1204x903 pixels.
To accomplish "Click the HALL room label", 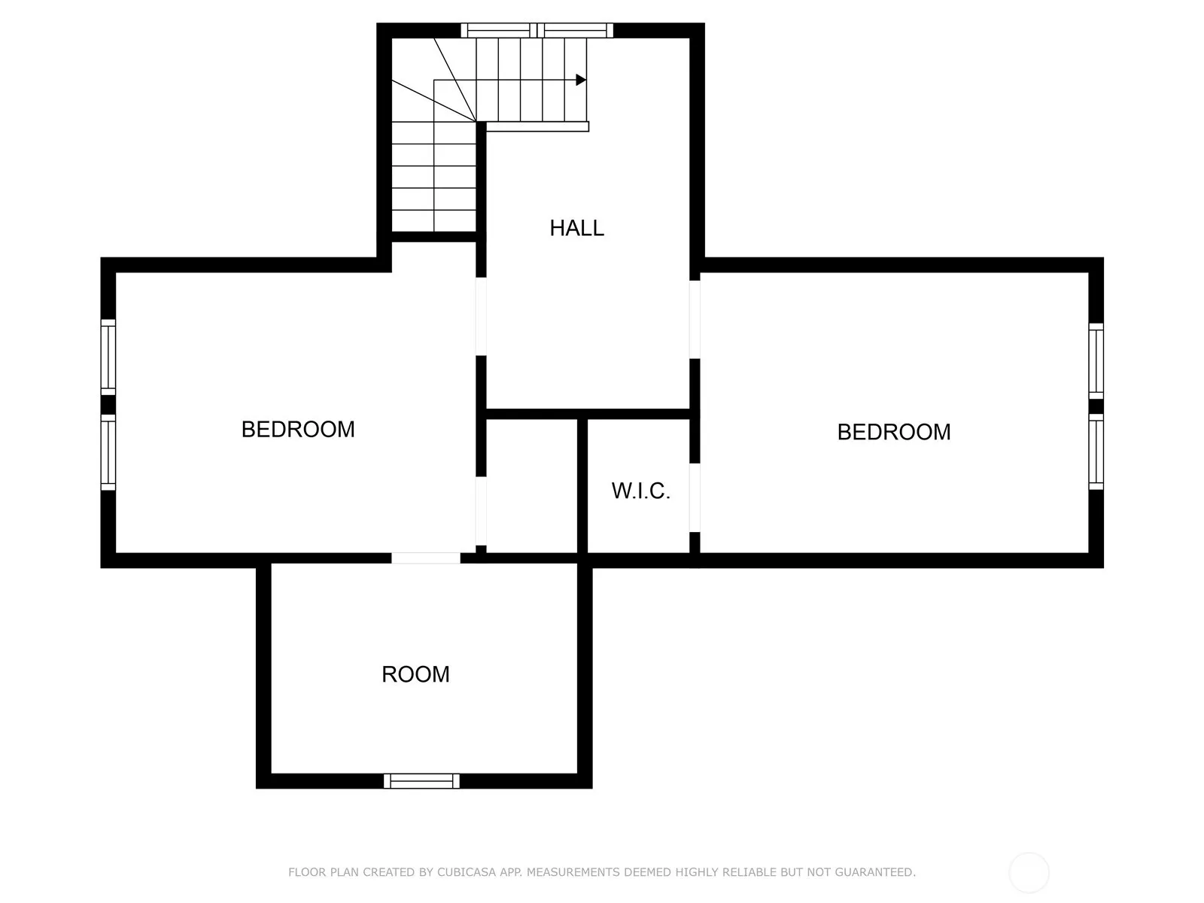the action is click(x=576, y=228).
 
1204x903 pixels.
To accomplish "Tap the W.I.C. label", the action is click(x=640, y=491).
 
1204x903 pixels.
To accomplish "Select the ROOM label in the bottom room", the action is click(x=415, y=674).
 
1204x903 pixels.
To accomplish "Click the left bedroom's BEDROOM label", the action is click(x=298, y=429).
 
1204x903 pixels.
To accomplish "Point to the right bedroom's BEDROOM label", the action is click(x=893, y=432).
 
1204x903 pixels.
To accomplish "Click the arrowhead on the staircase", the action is click(x=581, y=80).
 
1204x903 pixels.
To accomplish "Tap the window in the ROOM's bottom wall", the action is click(x=421, y=781).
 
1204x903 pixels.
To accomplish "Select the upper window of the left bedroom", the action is click(x=108, y=357).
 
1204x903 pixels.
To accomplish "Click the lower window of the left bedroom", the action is click(x=108, y=452).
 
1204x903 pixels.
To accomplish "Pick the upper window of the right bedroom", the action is click(x=1096, y=361).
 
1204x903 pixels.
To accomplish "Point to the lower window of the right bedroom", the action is click(x=1096, y=451).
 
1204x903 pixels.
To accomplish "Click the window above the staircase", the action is click(x=537, y=30).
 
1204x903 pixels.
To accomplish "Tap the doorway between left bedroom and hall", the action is click(x=481, y=316).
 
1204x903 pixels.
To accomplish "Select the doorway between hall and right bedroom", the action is click(x=695, y=320).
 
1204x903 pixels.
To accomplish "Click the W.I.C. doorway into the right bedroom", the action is click(x=695, y=497).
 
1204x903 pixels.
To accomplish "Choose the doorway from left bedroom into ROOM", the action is click(x=426, y=558).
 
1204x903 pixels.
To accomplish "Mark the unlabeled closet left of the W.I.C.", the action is click(x=531, y=486).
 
